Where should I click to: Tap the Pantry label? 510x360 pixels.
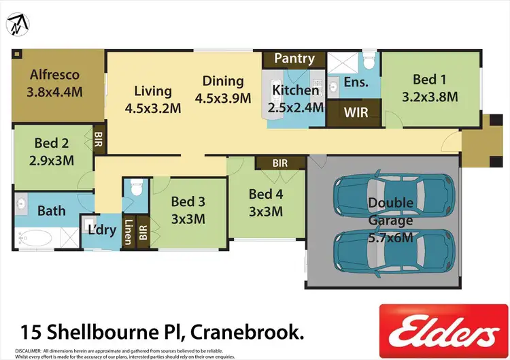pyautogui.click(x=294, y=59)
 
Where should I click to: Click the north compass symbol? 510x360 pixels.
pyautogui.click(x=18, y=24)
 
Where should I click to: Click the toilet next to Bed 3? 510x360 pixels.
pyautogui.click(x=135, y=186)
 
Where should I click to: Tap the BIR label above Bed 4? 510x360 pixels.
pyautogui.click(x=279, y=163)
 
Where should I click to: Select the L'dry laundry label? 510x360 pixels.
pyautogui.click(x=103, y=230)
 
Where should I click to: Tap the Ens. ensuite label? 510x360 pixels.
pyautogui.click(x=356, y=82)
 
